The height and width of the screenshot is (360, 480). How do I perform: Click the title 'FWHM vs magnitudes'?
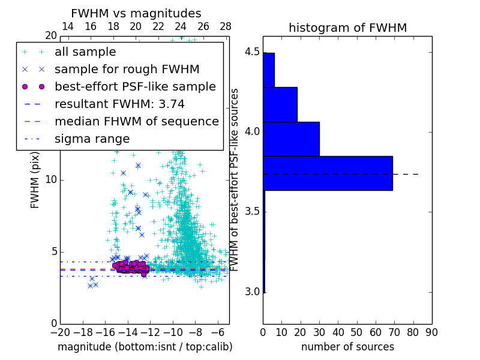[x=136, y=13]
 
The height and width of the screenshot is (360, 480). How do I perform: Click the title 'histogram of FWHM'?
[x=347, y=28]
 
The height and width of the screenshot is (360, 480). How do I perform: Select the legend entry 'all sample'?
[x=85, y=52]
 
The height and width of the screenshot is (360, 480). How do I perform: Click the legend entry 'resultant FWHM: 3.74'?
[x=119, y=104]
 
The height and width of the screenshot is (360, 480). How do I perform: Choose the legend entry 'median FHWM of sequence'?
[x=136, y=121]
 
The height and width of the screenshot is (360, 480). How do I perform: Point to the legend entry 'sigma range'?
[x=92, y=139]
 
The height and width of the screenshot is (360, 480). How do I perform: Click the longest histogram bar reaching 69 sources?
[x=328, y=173]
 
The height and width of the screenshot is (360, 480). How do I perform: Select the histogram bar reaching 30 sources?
[x=291, y=139]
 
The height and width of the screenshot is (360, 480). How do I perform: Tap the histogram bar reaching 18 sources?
[x=280, y=104]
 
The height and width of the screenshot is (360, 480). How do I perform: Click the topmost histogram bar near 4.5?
[x=269, y=70]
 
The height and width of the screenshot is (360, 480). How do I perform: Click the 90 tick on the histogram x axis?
[x=431, y=332]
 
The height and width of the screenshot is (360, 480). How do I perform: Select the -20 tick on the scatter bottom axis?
[x=60, y=332]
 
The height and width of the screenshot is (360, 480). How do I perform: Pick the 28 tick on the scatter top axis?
[x=226, y=27]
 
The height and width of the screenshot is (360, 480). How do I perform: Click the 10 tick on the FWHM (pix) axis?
[x=51, y=180]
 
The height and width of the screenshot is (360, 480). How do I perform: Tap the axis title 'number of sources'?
[x=347, y=347]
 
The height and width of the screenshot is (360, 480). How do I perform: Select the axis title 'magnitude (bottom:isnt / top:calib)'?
[x=145, y=347]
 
